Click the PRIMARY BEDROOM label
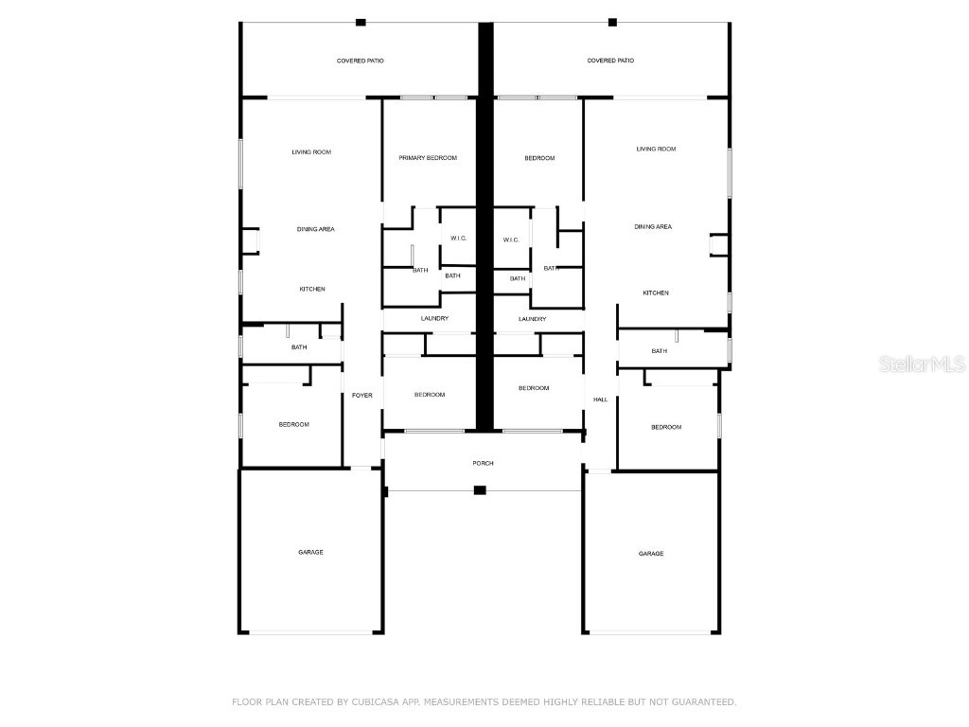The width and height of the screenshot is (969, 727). pyautogui.click(x=428, y=158)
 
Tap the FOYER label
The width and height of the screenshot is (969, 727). pyautogui.click(x=362, y=395)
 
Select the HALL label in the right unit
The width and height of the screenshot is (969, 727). pyautogui.click(x=600, y=400)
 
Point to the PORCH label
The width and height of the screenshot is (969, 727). pyautogui.click(x=484, y=463)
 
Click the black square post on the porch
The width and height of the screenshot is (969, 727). pyautogui.click(x=480, y=490)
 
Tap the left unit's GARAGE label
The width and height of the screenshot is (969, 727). pyautogui.click(x=310, y=552)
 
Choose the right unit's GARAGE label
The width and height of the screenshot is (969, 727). pyautogui.click(x=651, y=554)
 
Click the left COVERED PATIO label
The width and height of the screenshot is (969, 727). pyautogui.click(x=361, y=61)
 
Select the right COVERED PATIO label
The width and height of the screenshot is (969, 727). pyautogui.click(x=611, y=61)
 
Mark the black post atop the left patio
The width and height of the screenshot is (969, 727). pyautogui.click(x=361, y=22)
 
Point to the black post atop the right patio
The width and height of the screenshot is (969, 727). pyautogui.click(x=612, y=22)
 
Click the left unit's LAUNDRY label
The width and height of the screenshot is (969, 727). pyautogui.click(x=434, y=319)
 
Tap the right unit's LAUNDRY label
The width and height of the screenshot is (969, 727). pyautogui.click(x=533, y=319)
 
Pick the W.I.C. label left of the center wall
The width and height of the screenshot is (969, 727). pyautogui.click(x=459, y=239)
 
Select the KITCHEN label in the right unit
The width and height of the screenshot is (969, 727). pyautogui.click(x=656, y=293)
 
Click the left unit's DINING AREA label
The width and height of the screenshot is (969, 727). pyautogui.click(x=316, y=229)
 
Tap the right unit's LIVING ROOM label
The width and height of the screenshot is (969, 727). pyautogui.click(x=656, y=149)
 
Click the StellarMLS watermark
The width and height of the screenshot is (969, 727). pyautogui.click(x=921, y=363)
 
